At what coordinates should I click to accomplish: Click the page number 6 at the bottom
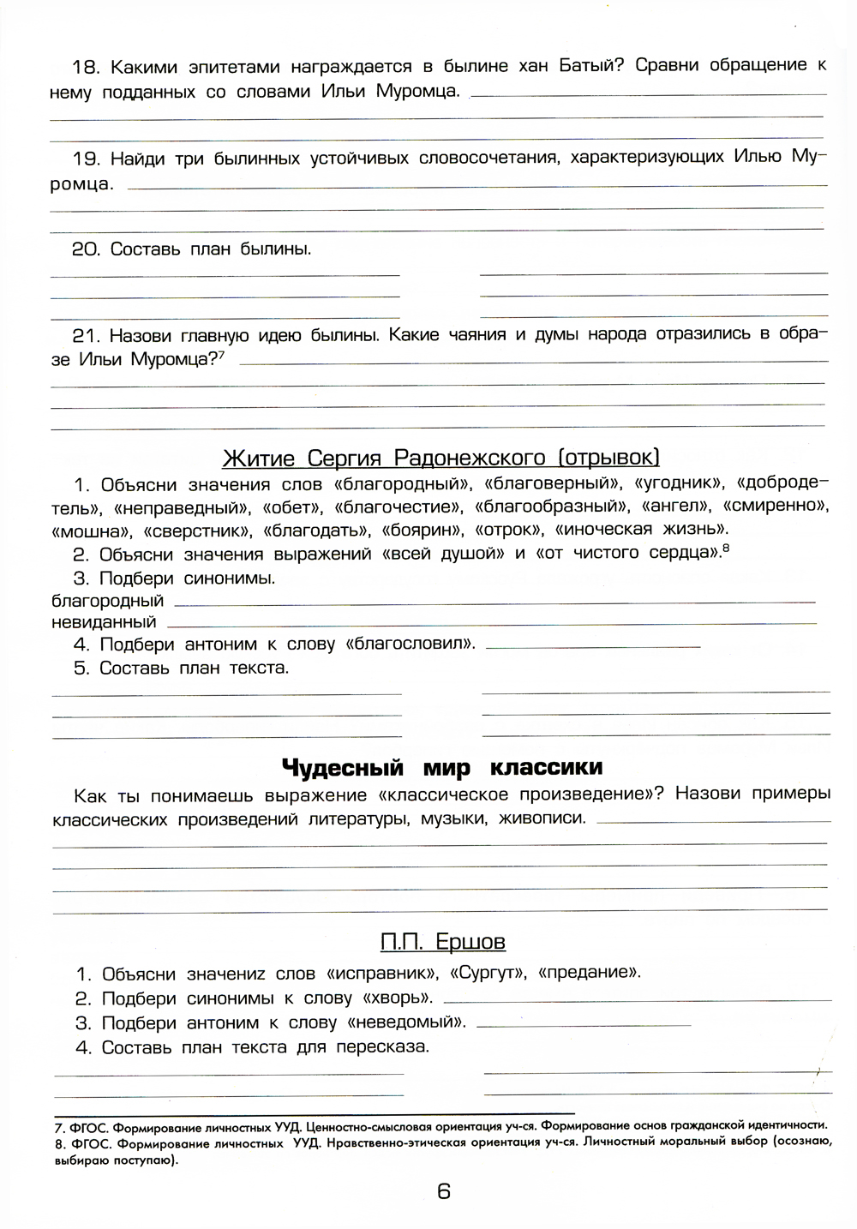(x=443, y=1190)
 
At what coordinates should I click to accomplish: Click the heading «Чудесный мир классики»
(x=442, y=766)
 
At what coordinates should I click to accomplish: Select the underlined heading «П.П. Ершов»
(x=442, y=942)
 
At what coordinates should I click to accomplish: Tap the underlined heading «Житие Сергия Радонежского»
(x=440, y=458)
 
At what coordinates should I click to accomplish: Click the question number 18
(x=87, y=67)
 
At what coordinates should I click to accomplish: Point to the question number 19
(x=87, y=159)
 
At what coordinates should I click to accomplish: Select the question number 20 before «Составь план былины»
(x=86, y=249)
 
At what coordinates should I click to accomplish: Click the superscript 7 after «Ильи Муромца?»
(x=221, y=355)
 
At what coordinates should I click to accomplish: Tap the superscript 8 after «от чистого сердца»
(x=726, y=549)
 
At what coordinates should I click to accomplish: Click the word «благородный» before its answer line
(x=107, y=601)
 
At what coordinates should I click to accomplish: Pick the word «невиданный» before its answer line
(x=104, y=622)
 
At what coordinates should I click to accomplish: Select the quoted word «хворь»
(x=398, y=998)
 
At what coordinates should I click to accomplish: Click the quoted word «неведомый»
(x=407, y=1022)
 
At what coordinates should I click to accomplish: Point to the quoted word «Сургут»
(x=487, y=973)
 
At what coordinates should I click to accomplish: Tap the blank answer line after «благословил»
(x=593, y=645)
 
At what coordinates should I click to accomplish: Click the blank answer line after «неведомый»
(x=584, y=1024)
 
